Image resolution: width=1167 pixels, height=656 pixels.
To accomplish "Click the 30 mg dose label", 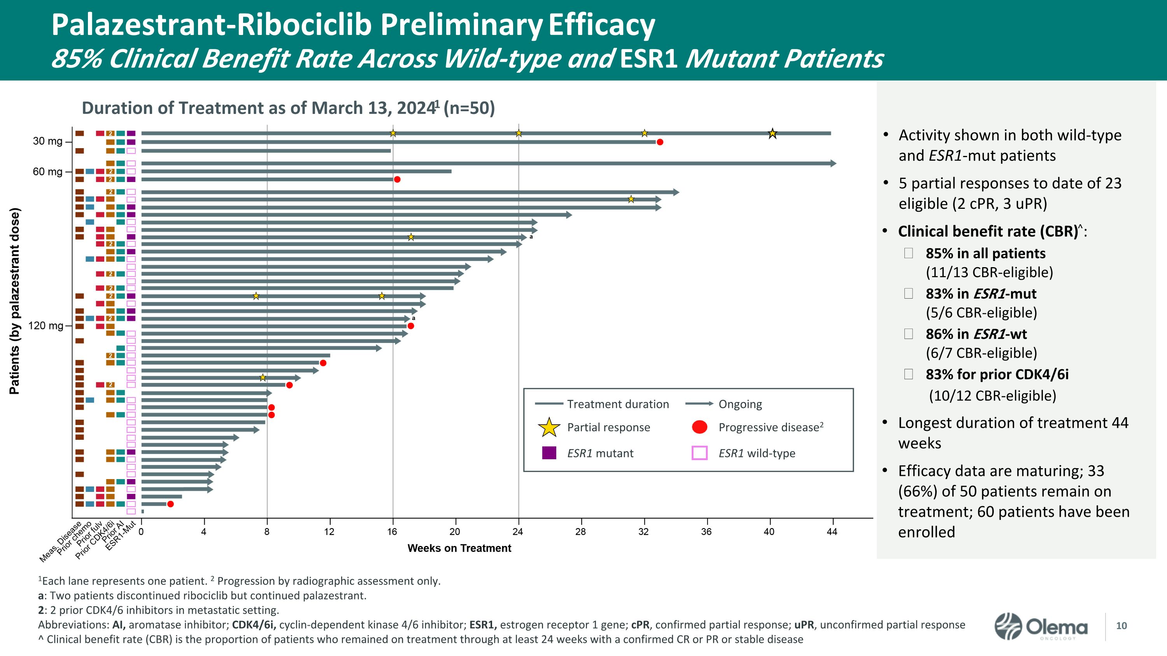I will point(47,141).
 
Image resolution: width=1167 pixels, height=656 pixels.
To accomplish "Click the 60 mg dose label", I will point(47,171).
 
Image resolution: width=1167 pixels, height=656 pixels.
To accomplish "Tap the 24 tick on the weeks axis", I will point(518,532).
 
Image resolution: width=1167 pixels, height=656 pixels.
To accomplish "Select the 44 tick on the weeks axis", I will point(832,532).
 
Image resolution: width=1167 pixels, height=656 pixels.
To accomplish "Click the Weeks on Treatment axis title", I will point(459,548).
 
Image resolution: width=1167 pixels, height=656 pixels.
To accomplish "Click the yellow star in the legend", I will point(548,427).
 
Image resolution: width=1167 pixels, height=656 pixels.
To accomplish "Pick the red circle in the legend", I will point(699,427).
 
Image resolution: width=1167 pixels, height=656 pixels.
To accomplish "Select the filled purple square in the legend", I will point(549,453).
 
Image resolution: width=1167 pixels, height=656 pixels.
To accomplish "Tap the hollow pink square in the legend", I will point(699,453).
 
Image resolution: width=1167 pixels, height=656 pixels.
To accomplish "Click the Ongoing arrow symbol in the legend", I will point(699,403).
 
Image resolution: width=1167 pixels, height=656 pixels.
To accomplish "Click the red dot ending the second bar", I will point(660,142).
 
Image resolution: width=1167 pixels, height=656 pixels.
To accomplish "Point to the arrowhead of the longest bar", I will point(834,163).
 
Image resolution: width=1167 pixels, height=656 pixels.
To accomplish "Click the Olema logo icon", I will point(1008,626).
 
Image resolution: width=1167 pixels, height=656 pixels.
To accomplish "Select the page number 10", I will point(1121,626).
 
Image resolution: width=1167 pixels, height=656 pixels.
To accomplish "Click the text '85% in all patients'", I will point(985,253).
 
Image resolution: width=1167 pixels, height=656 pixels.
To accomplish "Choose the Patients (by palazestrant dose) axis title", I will point(14,301).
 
